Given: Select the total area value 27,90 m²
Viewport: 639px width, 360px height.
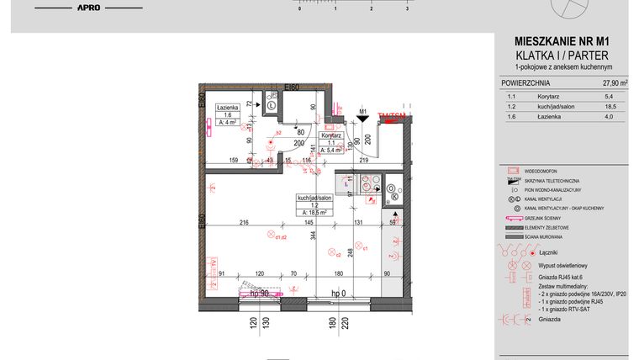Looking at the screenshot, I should (615, 84).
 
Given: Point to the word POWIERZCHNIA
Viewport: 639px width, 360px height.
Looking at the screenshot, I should (525, 84).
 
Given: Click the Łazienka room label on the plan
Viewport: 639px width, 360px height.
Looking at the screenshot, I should (228, 109).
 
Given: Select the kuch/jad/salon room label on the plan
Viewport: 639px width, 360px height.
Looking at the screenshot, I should (310, 198).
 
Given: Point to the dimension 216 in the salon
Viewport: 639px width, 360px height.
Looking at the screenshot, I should (245, 222).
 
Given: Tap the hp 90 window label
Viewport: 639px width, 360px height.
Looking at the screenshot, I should (253, 293).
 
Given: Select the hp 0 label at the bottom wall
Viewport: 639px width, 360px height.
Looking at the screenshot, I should (339, 293).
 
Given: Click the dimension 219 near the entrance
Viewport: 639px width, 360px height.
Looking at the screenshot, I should (364, 159).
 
